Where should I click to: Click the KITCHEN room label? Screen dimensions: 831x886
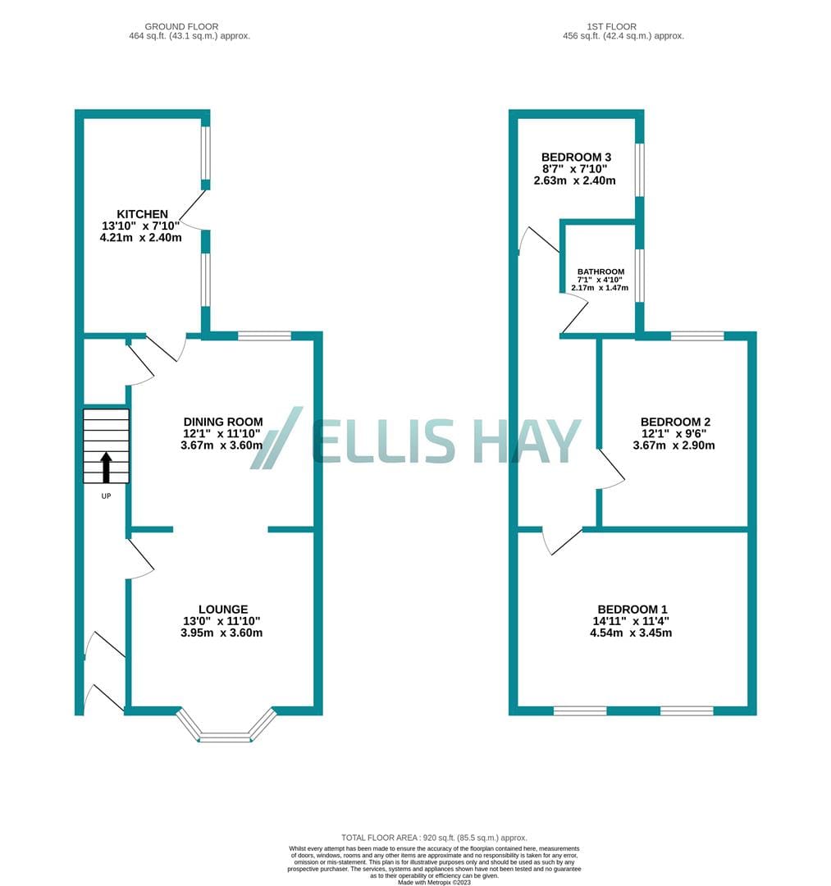tap(143, 214)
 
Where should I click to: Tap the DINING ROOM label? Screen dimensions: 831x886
tap(223, 422)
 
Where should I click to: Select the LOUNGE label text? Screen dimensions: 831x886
tap(223, 609)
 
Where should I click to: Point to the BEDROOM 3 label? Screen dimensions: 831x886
tap(576, 157)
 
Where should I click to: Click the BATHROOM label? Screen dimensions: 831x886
tap(600, 272)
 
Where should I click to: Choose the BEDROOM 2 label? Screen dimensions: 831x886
tap(675, 422)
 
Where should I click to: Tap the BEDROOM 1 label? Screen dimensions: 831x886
tap(632, 609)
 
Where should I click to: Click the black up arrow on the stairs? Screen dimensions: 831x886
tap(106, 467)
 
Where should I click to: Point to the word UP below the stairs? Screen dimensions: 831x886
tap(106, 496)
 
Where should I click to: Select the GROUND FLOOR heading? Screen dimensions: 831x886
tap(181, 26)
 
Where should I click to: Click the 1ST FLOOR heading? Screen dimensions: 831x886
tap(611, 26)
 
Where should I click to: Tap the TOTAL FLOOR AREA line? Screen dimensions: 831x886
tap(434, 838)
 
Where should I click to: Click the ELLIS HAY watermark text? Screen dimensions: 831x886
tap(446, 441)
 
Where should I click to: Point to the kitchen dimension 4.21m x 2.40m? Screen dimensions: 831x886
tap(140, 238)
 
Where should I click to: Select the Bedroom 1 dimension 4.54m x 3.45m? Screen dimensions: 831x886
tap(631, 633)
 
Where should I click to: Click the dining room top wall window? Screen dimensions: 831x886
tap(264, 336)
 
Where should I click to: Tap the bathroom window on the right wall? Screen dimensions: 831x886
tap(640, 276)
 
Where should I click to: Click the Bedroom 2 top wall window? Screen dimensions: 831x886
tap(697, 336)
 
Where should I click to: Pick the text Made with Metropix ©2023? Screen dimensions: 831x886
tap(434, 882)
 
